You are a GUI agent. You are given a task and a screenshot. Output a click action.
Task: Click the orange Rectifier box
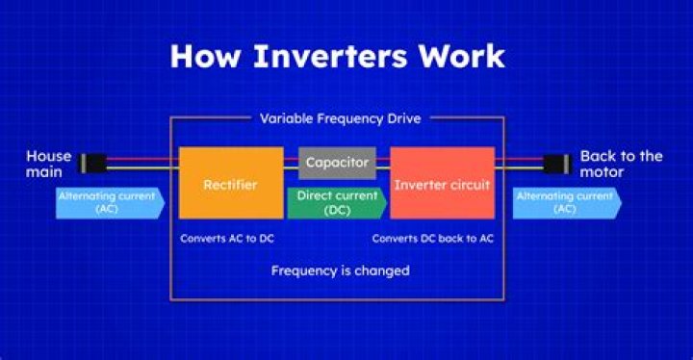click(231, 182)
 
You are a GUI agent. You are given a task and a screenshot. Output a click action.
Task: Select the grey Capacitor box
click(336, 163)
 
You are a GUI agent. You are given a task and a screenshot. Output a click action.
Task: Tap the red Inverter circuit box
click(442, 182)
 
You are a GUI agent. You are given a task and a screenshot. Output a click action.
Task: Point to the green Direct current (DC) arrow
click(335, 201)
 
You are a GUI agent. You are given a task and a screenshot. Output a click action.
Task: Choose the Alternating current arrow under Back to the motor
click(566, 201)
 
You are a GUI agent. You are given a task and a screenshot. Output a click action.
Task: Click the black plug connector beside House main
click(90, 164)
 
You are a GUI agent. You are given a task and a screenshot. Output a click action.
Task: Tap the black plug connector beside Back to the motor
click(556, 164)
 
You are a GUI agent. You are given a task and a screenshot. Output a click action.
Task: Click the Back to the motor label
click(621, 164)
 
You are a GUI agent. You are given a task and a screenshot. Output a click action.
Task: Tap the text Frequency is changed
click(340, 270)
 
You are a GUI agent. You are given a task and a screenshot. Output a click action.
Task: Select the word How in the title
click(203, 55)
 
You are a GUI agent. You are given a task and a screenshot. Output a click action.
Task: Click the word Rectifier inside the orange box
click(231, 182)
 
